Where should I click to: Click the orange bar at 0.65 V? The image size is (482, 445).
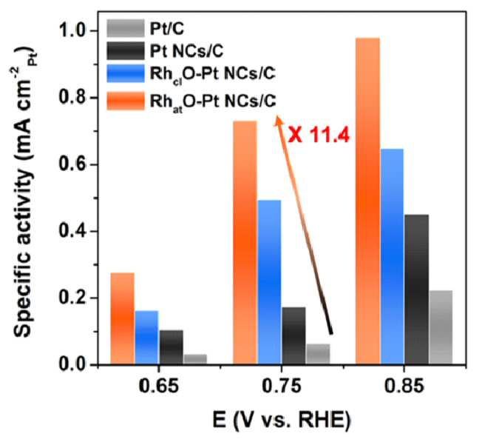pos(122,318)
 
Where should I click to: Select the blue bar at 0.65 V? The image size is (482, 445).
pos(146,337)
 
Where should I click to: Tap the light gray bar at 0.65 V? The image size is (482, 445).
pos(195,359)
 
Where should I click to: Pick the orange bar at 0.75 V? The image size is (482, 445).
pos(245,243)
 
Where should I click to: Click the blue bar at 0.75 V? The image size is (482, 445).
pos(269,282)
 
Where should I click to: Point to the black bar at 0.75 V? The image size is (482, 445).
pos(294,335)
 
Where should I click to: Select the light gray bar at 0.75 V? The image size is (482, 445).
pos(318,354)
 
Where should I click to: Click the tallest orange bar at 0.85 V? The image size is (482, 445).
pos(367,201)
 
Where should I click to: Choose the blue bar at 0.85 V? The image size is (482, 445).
pos(392,256)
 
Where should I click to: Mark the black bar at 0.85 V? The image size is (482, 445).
pos(416,290)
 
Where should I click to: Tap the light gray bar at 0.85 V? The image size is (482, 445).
pos(441,327)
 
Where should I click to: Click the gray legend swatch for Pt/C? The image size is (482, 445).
pos(126,28)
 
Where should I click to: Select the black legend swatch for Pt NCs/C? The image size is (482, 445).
pos(126,51)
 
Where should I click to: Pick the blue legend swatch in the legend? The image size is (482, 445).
pos(126,73)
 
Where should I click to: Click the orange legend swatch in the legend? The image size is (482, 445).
pos(126,101)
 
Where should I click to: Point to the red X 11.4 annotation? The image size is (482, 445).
pos(319,135)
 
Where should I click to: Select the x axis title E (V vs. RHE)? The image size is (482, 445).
pos(281,421)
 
